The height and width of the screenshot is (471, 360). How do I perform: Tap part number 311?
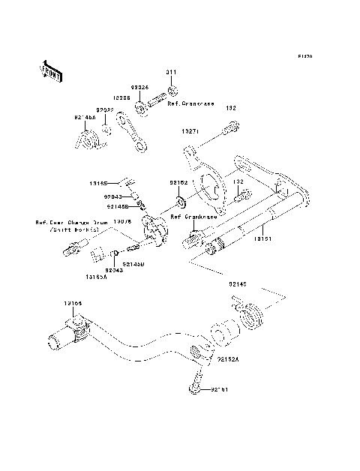(x=171, y=72)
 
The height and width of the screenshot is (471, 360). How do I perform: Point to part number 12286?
(x=123, y=97)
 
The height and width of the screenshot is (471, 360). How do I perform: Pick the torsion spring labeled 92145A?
(x=88, y=139)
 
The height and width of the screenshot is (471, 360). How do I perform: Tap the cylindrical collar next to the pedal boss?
(x=223, y=333)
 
